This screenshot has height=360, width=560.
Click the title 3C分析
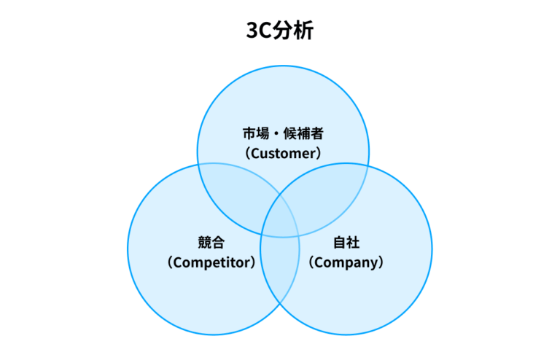pos(279,31)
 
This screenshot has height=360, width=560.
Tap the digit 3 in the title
pos(253,31)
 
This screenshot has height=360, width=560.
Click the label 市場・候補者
pos(283,134)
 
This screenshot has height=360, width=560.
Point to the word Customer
pos(283,153)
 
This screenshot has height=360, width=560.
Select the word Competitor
pos(211,262)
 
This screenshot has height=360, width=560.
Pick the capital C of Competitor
pos(175,262)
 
